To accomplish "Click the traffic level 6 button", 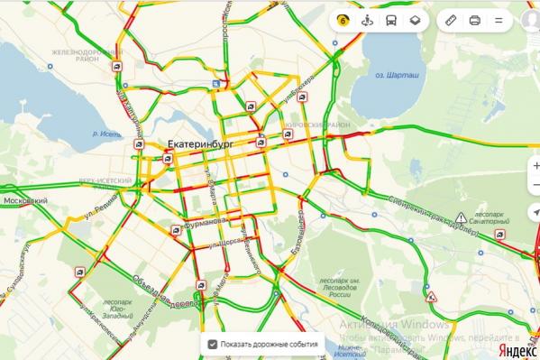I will coord(343,20).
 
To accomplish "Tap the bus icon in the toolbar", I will coord(390,20).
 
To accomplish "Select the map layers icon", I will coord(414,20).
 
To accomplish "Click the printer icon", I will coord(475,20).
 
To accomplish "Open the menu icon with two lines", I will coord(499,20).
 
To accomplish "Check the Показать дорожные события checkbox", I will coord(212,344).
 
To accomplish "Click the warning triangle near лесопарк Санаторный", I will coord(462,217).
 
